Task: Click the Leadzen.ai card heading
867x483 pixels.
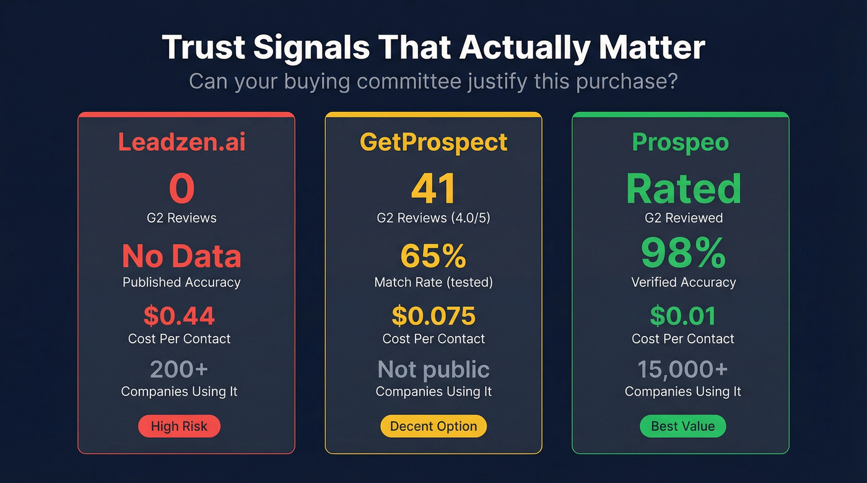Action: [181, 142]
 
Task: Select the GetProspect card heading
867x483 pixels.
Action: [434, 142]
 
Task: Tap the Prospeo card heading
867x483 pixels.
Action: [681, 142]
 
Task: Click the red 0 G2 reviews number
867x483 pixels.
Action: [181, 189]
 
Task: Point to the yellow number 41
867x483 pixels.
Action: [434, 189]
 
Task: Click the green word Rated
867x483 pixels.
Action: [683, 189]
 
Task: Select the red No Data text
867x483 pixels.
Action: [181, 255]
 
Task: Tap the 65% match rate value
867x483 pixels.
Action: [434, 255]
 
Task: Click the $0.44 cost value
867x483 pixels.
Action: [179, 316]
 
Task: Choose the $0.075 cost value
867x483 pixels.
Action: [434, 316]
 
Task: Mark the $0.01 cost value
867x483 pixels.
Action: [682, 316]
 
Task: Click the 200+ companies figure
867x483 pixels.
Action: [179, 369]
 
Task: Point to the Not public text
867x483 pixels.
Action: [434, 369]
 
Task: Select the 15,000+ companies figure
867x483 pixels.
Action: [682, 369]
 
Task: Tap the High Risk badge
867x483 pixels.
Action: [179, 426]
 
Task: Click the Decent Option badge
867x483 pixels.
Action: [434, 426]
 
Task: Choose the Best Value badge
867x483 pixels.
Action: [682, 426]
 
